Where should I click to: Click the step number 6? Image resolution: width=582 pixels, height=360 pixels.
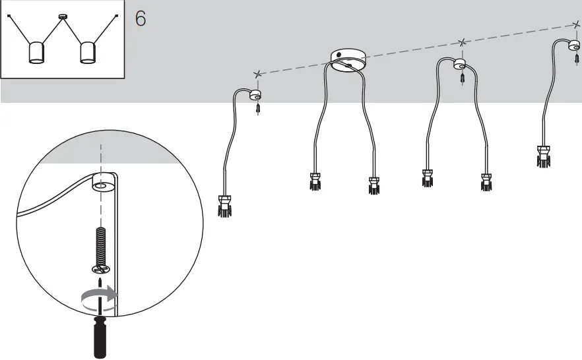click(141, 18)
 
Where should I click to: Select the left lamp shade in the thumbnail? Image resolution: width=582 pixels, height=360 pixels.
click(36, 53)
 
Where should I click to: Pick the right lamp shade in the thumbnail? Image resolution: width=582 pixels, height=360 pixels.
click(88, 53)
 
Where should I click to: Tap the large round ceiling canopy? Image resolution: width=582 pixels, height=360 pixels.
click(348, 60)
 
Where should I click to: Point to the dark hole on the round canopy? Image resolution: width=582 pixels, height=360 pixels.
click(339, 55)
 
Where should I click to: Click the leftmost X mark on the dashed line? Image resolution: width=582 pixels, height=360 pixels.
click(257, 74)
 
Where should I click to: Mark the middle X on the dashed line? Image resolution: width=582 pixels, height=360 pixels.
click(462, 43)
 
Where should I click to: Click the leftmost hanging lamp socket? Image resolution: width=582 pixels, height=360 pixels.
click(224, 206)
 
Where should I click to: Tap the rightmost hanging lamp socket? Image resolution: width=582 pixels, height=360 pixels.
click(544, 156)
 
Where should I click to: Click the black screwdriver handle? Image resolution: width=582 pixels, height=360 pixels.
click(100, 337)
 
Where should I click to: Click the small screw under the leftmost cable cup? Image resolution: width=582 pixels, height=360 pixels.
click(258, 109)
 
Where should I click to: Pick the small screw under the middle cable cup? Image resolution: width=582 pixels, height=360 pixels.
click(462, 78)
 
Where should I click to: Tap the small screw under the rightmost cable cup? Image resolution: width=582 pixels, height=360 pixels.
click(577, 58)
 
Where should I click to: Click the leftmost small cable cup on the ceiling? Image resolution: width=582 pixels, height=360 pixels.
click(256, 95)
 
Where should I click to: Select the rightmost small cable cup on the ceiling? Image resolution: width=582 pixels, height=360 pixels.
click(574, 45)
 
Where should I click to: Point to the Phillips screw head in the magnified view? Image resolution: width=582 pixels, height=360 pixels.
click(101, 269)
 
